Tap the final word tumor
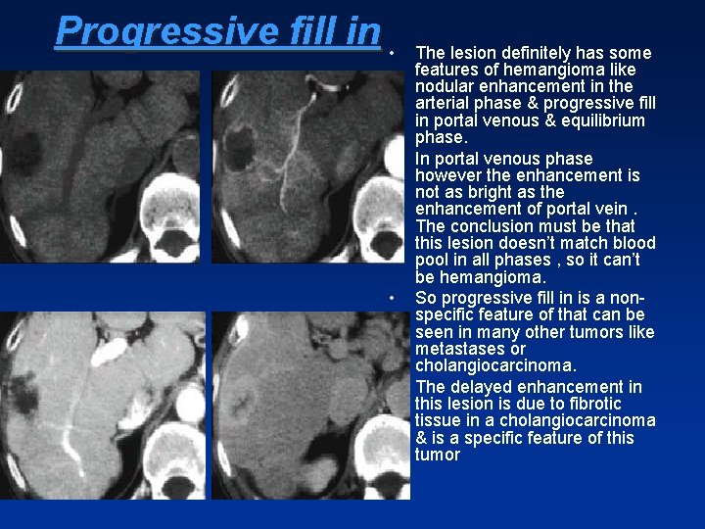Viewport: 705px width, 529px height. tap(437, 455)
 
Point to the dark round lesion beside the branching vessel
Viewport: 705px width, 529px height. tap(238, 149)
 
